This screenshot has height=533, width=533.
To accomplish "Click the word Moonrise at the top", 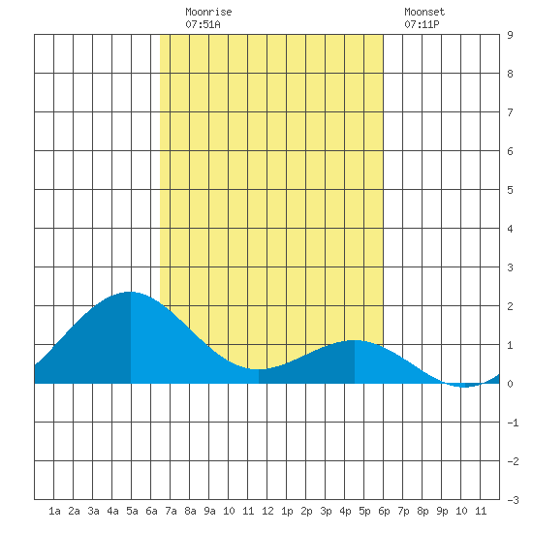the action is (208, 12).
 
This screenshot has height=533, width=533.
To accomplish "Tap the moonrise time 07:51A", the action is (203, 24).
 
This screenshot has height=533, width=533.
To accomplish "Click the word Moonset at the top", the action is (424, 12).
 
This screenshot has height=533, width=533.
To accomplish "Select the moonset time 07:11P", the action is (422, 24).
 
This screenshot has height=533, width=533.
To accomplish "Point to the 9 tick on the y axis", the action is (510, 35).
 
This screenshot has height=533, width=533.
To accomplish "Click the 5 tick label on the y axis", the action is (510, 190).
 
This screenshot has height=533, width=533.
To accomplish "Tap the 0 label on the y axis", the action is (510, 384).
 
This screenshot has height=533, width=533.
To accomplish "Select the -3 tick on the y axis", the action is (513, 500).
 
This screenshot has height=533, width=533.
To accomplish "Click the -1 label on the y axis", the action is (513, 423).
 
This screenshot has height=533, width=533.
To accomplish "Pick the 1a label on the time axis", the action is (54, 511).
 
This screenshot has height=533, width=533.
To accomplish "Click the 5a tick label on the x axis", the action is (132, 511).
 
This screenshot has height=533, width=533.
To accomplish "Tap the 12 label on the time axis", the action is (267, 511).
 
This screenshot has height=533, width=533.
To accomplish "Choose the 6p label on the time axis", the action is (384, 511).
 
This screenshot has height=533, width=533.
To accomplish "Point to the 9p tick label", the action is (442, 511).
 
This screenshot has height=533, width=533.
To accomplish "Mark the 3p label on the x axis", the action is (326, 511).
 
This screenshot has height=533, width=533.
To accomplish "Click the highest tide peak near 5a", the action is (130, 292).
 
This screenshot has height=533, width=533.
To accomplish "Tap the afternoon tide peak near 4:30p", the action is (354, 340).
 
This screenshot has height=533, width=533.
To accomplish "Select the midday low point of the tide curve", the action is (259, 369).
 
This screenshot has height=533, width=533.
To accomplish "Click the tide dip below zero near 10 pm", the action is (464, 387).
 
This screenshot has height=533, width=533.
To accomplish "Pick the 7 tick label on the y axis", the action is (510, 112).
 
